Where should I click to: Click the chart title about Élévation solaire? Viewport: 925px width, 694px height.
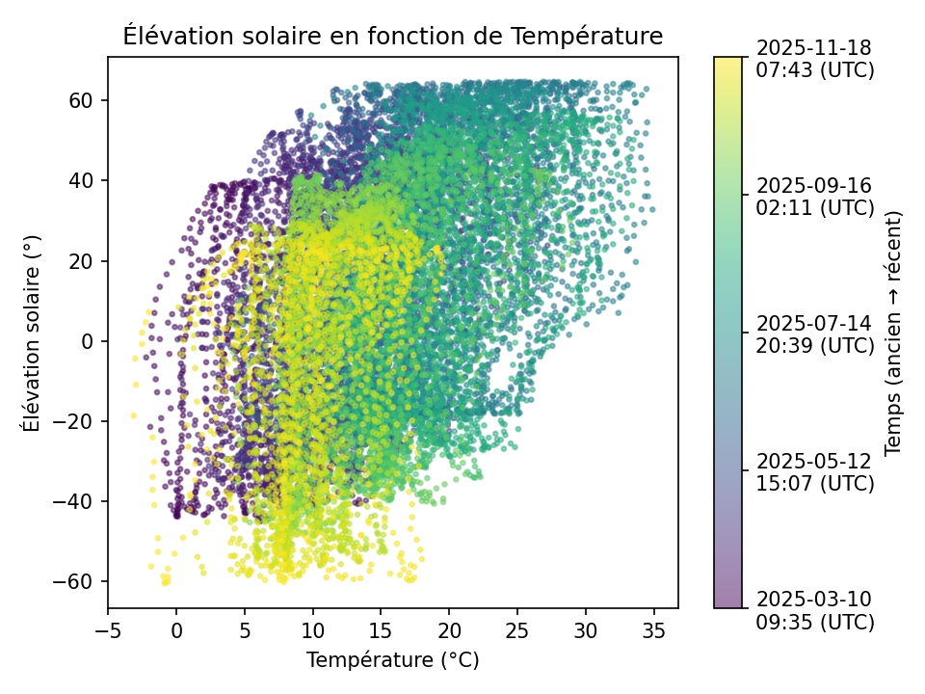point(392,37)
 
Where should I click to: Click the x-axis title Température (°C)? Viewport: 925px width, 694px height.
point(392,660)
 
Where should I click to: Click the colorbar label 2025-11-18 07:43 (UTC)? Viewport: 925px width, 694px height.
point(815,58)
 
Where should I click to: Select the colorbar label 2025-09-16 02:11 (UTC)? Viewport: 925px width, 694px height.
point(815,196)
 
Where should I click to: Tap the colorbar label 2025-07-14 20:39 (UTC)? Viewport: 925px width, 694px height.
point(815,334)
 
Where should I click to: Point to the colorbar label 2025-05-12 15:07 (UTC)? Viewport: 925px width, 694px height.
point(815,471)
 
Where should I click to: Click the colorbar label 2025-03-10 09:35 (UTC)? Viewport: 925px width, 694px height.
point(815,610)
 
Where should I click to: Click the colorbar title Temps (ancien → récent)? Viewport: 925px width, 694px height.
point(893,333)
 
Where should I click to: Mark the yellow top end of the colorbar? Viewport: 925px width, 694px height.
point(728,61)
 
